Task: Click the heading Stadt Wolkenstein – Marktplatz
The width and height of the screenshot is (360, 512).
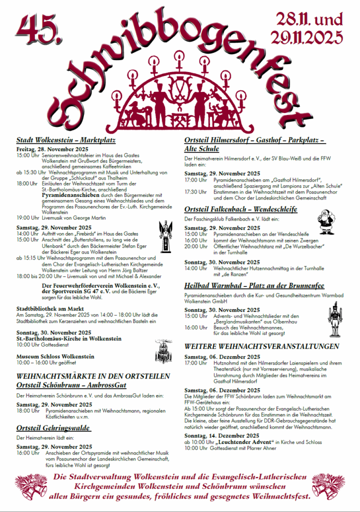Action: (66, 140)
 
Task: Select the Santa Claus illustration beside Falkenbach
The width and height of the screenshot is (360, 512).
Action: (326, 222)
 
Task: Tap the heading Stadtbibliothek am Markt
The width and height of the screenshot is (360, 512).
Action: (49, 308)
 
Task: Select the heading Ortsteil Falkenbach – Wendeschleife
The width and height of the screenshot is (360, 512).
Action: (240, 209)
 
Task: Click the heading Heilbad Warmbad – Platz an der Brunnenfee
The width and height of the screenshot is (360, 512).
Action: (254, 285)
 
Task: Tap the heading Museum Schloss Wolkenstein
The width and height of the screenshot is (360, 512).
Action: (55, 356)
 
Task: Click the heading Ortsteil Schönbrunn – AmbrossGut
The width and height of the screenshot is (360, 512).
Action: (71, 385)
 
